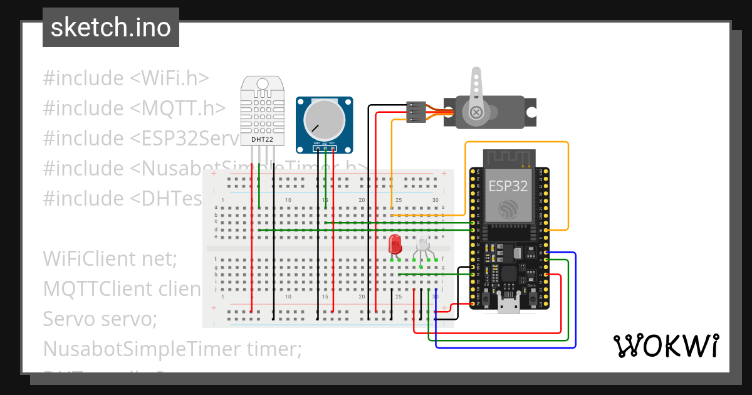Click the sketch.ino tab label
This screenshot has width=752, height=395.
(110, 28)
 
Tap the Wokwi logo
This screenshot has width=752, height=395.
(665, 345)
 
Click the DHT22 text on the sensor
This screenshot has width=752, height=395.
(261, 139)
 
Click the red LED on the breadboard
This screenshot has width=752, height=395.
(395, 244)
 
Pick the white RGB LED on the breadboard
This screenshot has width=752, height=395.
(423, 244)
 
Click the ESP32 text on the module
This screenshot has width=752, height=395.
(508, 186)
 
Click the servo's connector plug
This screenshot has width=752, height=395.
(416, 112)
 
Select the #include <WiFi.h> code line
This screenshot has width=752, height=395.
(126, 78)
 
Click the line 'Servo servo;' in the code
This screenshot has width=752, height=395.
(100, 319)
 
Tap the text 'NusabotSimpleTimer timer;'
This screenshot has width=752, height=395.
(172, 349)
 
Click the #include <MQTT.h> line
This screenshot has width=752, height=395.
(134, 108)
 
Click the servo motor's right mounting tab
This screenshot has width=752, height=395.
(531, 113)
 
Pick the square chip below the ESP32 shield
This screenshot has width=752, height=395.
(508, 275)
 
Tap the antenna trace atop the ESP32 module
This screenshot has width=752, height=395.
(508, 157)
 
